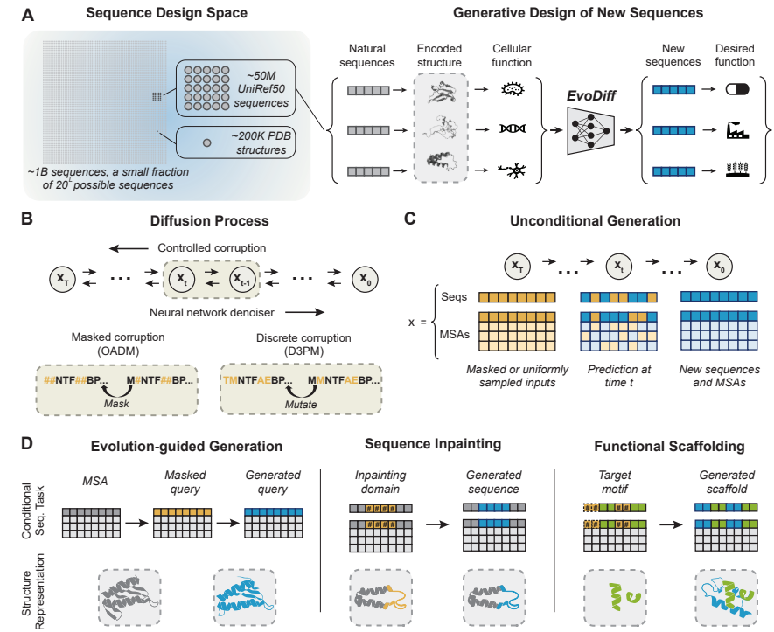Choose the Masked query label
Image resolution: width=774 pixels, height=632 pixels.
184,482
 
